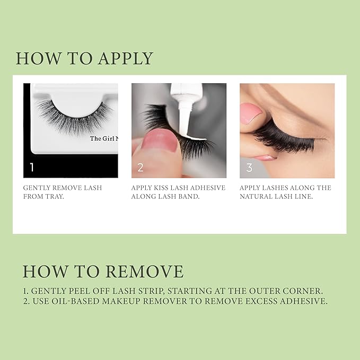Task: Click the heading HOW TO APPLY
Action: tap(84, 58)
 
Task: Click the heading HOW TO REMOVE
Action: tap(103, 271)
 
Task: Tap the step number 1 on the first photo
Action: tap(32, 168)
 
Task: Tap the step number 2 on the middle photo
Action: tap(141, 168)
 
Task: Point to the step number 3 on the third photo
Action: tap(249, 168)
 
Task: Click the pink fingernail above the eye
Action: tap(251, 112)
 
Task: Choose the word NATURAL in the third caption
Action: tap(260, 197)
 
